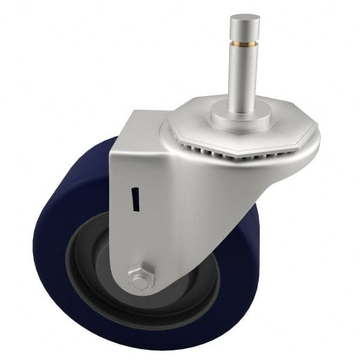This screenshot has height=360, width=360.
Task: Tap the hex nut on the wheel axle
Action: [x=142, y=277]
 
